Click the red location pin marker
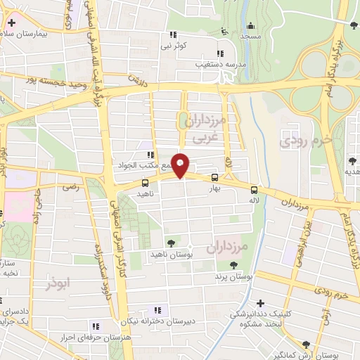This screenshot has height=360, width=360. point(181,165)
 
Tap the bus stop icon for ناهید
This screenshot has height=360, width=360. point(146,183)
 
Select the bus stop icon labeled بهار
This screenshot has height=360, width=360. point(214,179)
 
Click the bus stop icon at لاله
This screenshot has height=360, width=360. point(255,189)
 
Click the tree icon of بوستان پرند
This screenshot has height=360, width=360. point(233,265)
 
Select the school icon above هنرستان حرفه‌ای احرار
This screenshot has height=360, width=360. point(96,326)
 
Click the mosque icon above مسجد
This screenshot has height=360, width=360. point(224,31)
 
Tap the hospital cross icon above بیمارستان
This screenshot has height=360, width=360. point(11,23)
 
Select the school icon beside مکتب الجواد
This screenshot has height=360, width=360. point(149,155)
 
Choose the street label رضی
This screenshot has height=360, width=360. point(71,188)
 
